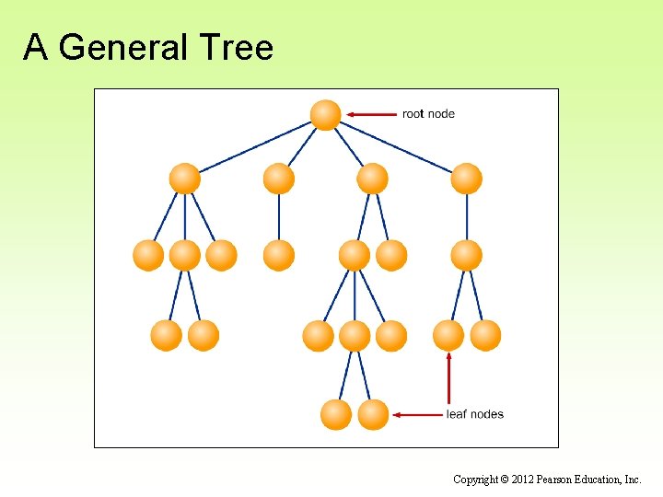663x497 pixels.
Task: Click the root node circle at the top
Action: click(325, 114)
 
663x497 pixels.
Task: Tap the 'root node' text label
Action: click(428, 114)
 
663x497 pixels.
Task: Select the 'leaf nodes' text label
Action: click(474, 414)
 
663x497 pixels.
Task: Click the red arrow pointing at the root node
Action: click(371, 114)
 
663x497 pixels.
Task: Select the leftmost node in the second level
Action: click(185, 179)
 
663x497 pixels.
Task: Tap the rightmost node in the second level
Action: click(466, 179)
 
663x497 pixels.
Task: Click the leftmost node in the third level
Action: click(148, 255)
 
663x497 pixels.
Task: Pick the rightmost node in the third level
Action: click(466, 255)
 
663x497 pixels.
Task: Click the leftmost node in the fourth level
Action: click(167, 335)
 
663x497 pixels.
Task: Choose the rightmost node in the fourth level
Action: click(485, 335)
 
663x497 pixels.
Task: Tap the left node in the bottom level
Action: click(336, 414)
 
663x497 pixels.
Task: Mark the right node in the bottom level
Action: click(373, 414)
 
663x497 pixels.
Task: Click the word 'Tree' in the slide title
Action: click(240, 47)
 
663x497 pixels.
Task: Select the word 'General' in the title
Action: click(134, 47)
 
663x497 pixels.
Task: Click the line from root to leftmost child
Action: click(255, 147)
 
